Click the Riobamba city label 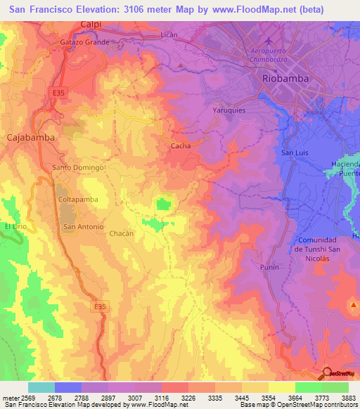pyautogui.click(x=285, y=79)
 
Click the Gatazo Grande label pyautogui.click(x=84, y=42)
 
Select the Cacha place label pyautogui.click(x=180, y=146)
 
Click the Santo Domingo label pyautogui.click(x=78, y=168)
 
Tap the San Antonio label pyautogui.click(x=84, y=227)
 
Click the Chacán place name pyautogui.click(x=121, y=233)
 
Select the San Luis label pyautogui.click(x=295, y=152)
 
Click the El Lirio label pyautogui.click(x=15, y=226)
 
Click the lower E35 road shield pyautogui.click(x=102, y=306)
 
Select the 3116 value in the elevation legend pyautogui.click(x=149, y=397)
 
